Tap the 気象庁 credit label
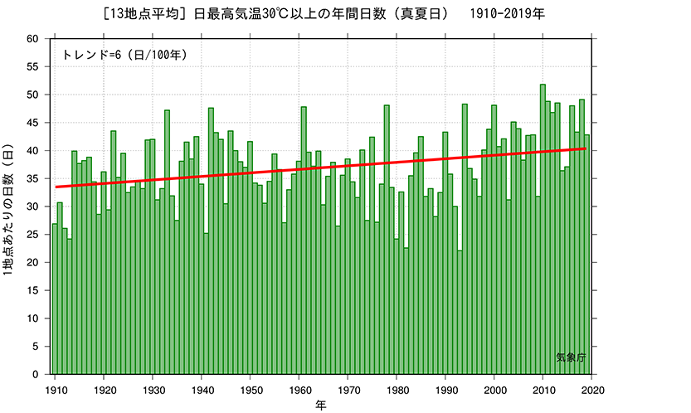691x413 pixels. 571,357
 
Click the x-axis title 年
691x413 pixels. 320,405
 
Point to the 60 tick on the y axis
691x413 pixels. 32,39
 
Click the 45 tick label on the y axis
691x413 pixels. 32,123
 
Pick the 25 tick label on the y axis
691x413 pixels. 32,235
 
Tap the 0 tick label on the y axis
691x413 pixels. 36,375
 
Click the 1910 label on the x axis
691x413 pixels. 56,388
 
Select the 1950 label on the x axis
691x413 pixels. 251,388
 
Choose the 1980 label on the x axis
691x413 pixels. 397,388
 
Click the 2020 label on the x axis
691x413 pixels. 592,388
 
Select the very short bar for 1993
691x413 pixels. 460,315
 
